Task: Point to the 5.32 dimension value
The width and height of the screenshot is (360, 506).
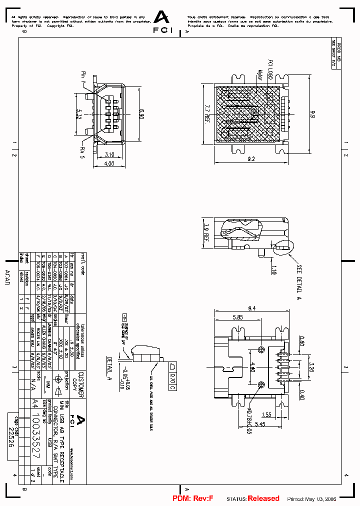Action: click(x=79, y=115)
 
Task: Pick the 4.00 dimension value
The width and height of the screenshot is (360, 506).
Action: click(x=109, y=163)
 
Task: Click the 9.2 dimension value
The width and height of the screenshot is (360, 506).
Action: click(x=251, y=159)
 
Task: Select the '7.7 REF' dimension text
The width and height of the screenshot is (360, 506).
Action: click(x=206, y=114)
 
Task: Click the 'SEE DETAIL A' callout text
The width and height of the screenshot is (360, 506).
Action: click(x=303, y=281)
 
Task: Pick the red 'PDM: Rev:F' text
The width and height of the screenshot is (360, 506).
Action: click(x=192, y=498)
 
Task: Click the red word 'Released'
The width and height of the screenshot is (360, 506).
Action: click(x=263, y=498)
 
